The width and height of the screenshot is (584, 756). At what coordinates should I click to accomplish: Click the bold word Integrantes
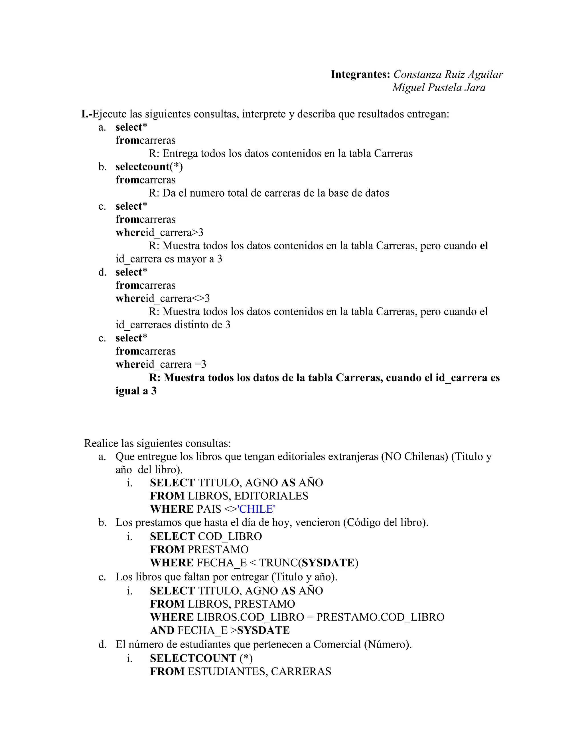[360, 74]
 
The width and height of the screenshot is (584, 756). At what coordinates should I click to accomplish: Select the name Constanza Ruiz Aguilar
[448, 74]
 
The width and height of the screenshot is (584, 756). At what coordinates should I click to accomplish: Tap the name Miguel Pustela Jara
[439, 88]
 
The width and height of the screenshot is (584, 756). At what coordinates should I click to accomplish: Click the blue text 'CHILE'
[256, 509]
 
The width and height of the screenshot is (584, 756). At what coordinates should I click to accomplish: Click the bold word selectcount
[143, 167]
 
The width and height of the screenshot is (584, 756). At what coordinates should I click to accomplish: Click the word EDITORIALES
[271, 496]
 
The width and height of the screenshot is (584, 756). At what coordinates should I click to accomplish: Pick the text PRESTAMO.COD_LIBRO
[380, 617]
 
